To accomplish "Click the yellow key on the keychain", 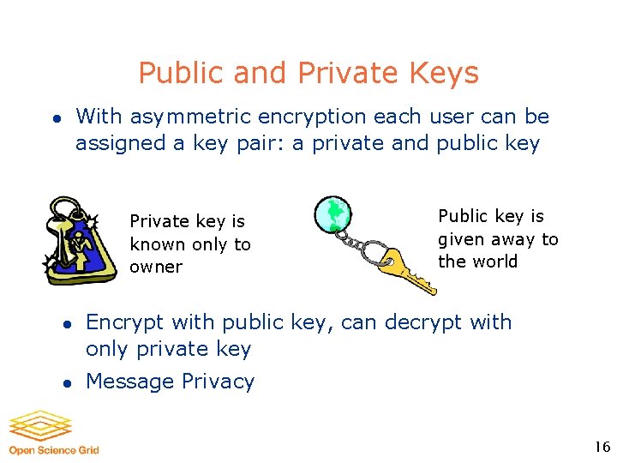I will [x=407, y=268].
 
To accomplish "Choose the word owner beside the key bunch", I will [x=156, y=268].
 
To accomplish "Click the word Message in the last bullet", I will [x=128, y=382].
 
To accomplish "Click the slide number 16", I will [x=602, y=447].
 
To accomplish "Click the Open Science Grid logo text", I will [x=54, y=450].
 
